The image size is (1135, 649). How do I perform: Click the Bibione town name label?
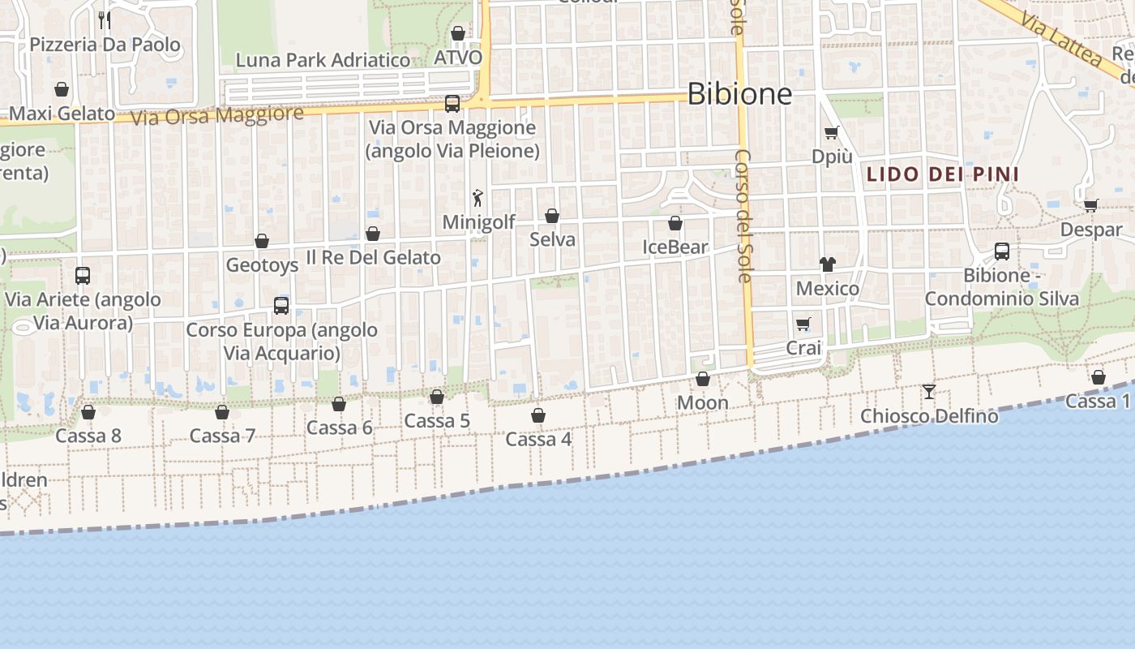pos(739,94)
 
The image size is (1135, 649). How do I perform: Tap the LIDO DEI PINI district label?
pos(943,174)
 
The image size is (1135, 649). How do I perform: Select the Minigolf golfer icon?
pos(478,197)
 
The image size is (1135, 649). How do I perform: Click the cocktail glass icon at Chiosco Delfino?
pos(929,392)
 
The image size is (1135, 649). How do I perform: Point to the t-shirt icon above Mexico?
pos(827,264)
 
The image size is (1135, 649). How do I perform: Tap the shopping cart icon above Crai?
pos(803,324)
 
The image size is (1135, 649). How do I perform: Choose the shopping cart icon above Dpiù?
pos(831,132)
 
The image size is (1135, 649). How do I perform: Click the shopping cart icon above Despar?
pos(1091,205)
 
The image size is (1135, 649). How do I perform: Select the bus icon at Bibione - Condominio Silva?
pos(1002,251)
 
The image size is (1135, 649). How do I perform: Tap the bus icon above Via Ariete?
pos(83,276)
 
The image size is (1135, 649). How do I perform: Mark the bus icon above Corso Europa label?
pos(281,306)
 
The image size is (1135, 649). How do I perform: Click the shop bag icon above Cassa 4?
pos(538,415)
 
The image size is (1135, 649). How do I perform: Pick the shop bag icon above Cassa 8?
pos(88,412)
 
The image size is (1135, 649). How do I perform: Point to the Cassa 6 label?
pos(339,428)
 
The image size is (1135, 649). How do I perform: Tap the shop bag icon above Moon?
pos(703,379)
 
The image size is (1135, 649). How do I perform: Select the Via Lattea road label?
pos(1061,40)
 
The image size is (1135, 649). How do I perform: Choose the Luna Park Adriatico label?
pos(323,60)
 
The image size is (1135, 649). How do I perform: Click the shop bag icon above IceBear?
pos(675,223)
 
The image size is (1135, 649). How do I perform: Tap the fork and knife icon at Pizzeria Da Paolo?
pos(104,19)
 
